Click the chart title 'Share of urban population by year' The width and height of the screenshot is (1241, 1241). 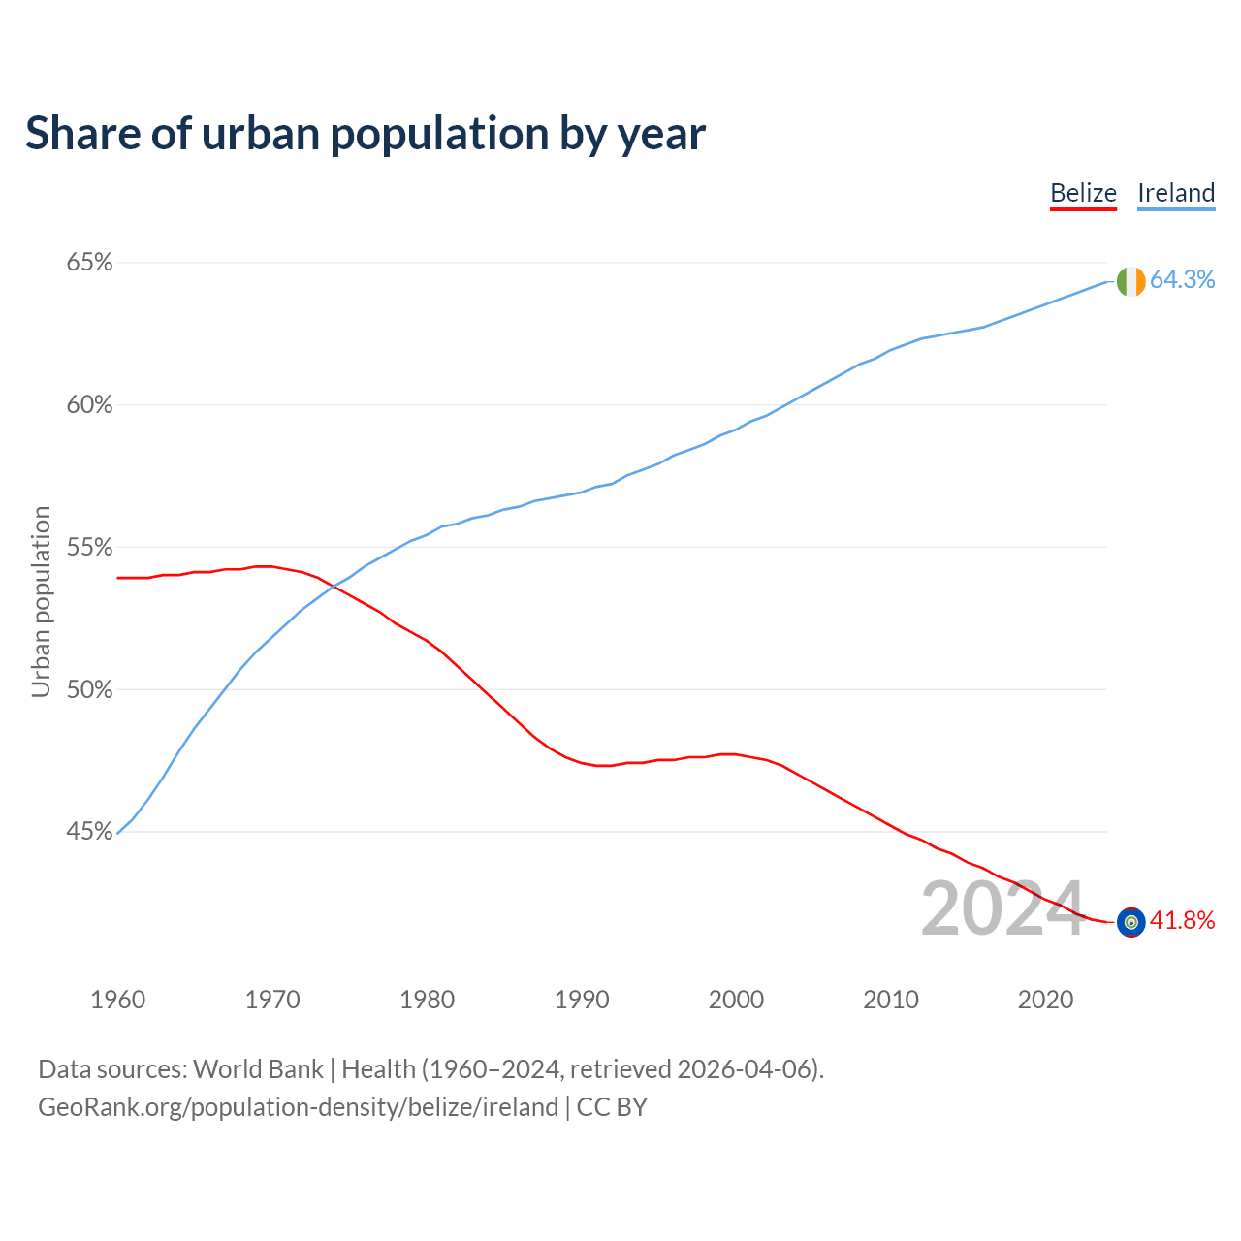pos(366,134)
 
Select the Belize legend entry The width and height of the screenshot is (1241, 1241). pos(1083,193)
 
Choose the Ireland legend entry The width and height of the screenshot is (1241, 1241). pos(1175,193)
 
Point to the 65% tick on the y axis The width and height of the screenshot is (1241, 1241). pos(89,263)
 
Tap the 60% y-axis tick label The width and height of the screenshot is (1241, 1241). pos(89,405)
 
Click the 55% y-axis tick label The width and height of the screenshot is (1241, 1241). pos(89,548)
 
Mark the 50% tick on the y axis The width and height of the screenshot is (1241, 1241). pos(89,690)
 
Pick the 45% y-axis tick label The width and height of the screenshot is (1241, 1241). pos(89,832)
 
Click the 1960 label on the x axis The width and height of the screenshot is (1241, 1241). pos(117,1000)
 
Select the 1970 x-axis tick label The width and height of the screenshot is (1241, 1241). pos(272,1000)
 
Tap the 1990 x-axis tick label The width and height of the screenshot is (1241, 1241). pos(582,1000)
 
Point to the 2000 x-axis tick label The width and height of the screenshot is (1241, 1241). pos(736,1000)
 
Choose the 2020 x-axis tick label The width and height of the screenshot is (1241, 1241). pos(1045,1000)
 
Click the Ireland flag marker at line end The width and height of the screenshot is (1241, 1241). pos(1130,281)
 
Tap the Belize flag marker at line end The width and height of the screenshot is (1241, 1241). pos(1130,922)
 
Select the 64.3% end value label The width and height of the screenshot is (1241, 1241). pos(1182,280)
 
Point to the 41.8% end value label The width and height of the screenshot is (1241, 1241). pos(1182,921)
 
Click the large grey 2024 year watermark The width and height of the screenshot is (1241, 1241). pos(1002,909)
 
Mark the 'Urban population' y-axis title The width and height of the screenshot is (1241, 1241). pos(41,601)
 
